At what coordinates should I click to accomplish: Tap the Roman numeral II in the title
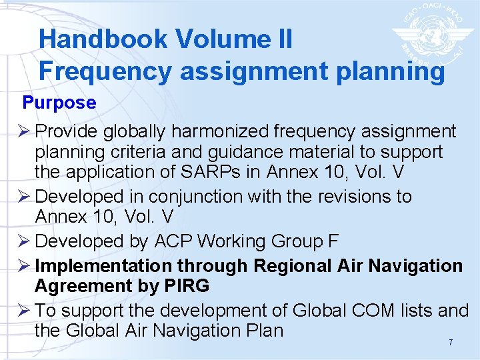[283, 39]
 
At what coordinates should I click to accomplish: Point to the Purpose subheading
[59, 103]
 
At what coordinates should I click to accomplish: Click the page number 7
[451, 342]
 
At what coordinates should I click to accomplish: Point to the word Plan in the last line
[263, 330]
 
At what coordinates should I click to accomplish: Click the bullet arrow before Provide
[25, 132]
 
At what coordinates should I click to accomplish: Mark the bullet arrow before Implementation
[25, 266]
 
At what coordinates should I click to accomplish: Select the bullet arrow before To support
[25, 311]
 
